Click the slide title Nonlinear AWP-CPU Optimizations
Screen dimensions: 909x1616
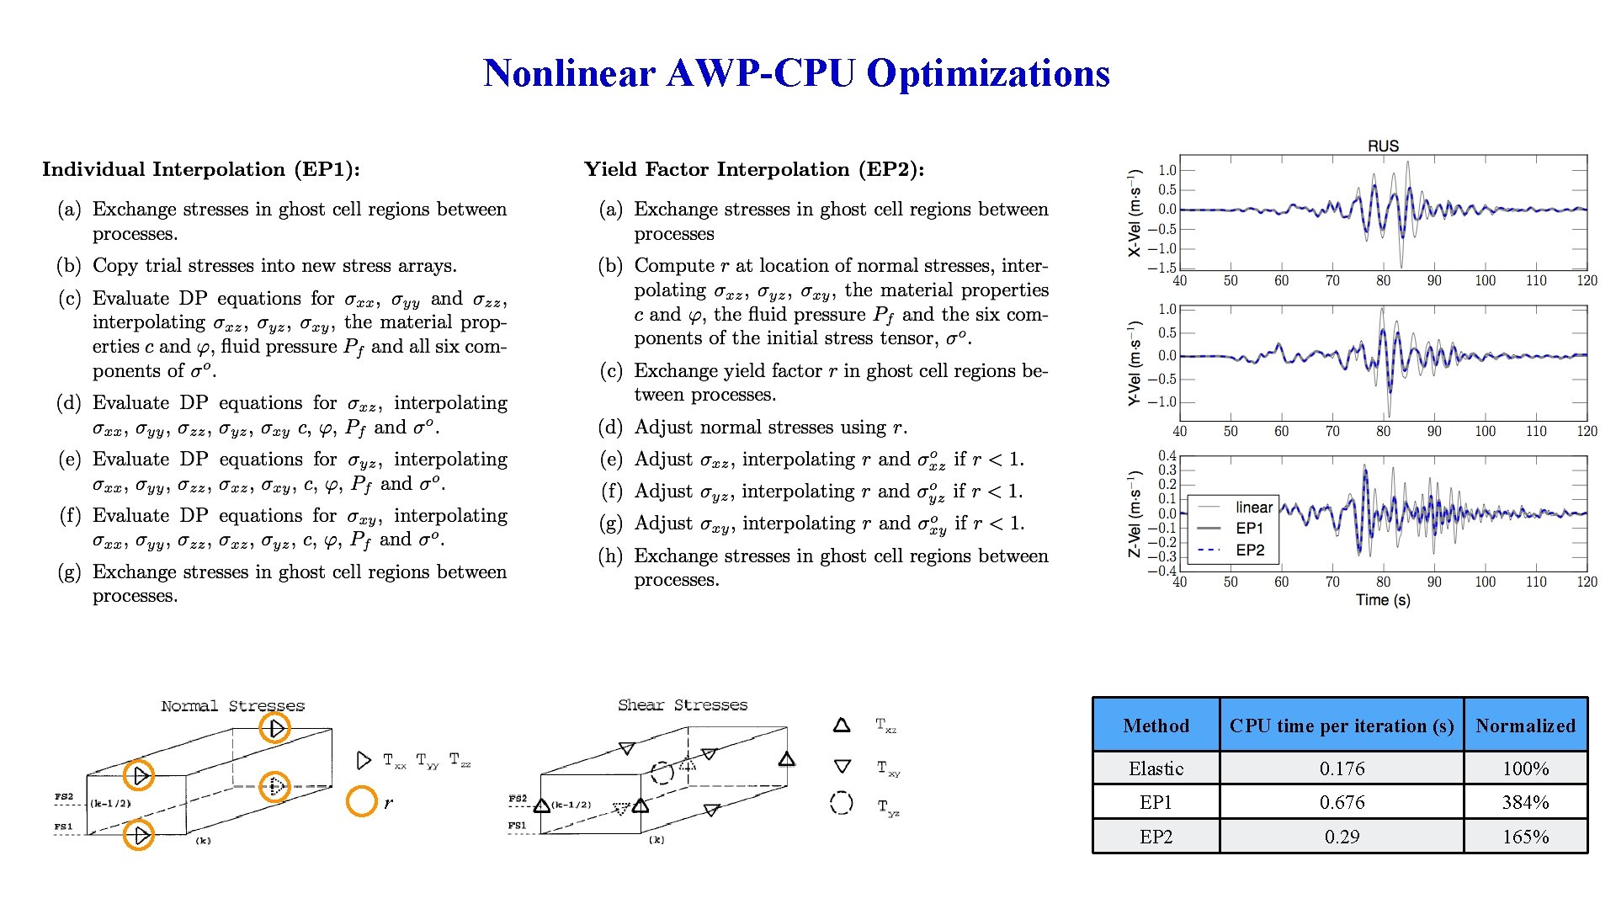point(796,73)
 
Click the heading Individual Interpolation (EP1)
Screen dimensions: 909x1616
point(201,169)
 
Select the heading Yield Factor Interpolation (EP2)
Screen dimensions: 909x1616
point(754,169)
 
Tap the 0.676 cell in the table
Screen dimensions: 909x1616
point(1342,802)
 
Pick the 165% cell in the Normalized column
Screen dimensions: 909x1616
point(1525,837)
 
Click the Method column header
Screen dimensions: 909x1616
point(1156,726)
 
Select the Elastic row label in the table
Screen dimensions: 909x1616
point(1156,768)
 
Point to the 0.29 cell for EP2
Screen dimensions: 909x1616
point(1342,837)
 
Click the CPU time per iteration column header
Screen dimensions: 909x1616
point(1342,726)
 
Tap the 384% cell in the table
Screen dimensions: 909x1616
point(1525,802)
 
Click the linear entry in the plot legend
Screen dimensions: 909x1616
point(1253,508)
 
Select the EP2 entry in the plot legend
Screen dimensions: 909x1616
point(1250,550)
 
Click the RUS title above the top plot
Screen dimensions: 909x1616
point(1383,146)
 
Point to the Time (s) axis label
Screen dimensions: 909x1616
point(1383,600)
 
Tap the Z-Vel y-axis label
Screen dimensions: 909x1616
point(1135,513)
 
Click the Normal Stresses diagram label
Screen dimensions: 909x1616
point(232,705)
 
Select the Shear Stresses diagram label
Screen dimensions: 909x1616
point(682,704)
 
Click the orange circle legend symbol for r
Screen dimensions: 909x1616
point(362,801)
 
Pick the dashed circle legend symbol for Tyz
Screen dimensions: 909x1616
point(841,803)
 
